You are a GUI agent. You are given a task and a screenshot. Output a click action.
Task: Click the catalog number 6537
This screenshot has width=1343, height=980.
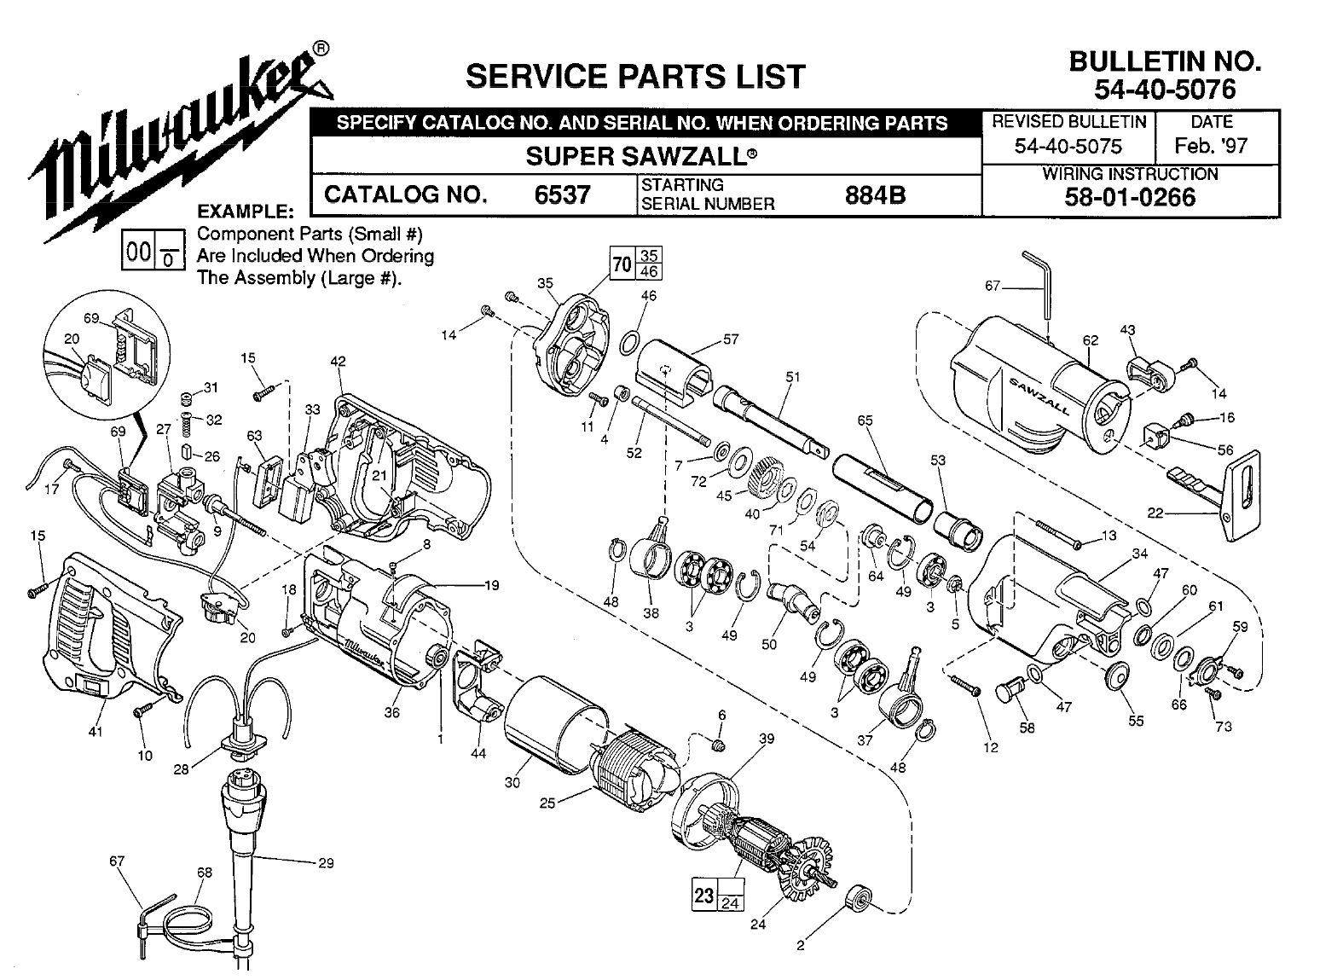point(562,195)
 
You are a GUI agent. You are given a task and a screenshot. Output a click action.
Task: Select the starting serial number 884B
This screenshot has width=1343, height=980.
point(874,195)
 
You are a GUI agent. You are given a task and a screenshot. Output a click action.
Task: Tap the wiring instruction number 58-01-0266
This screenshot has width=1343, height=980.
point(1130,198)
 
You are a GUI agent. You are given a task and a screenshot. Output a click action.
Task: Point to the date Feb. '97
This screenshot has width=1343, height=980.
point(1211,145)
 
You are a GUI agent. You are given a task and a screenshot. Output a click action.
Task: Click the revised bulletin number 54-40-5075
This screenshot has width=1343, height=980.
point(1068,145)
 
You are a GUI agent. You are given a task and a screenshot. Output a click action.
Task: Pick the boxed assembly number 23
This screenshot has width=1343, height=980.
point(703,896)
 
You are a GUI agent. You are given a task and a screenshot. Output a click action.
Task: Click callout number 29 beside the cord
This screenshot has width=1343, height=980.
point(326,862)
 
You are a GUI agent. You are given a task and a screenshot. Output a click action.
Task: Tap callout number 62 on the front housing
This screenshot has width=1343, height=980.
point(1091,340)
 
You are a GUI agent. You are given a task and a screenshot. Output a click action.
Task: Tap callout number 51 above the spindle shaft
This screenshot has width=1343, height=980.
point(793,376)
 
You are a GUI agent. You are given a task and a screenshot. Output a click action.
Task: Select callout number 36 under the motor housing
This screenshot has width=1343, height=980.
point(391,713)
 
